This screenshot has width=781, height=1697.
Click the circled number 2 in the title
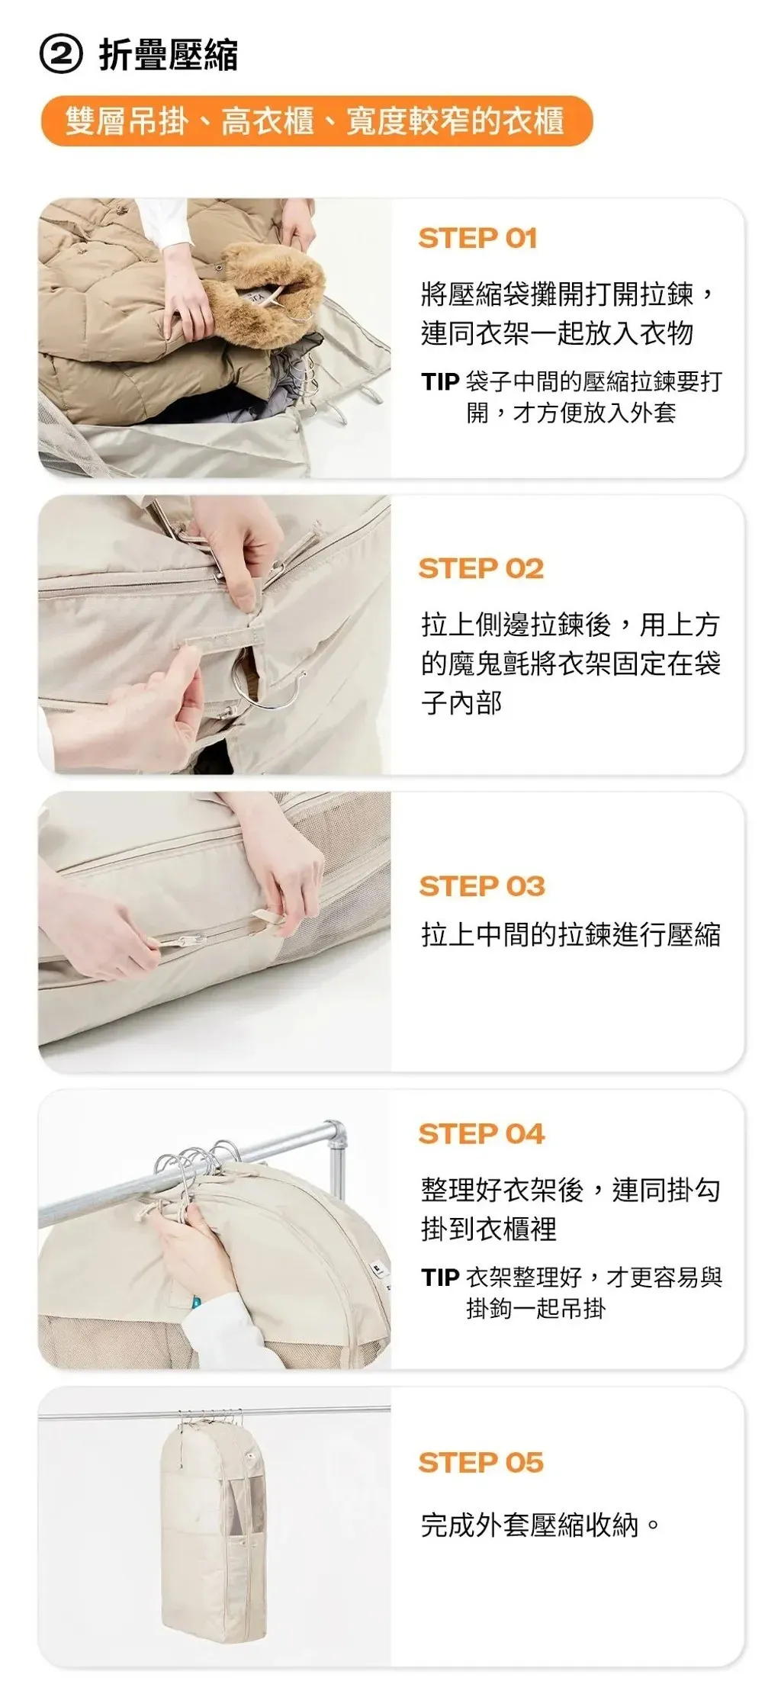click(60, 55)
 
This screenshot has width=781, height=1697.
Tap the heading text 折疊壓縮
click(169, 55)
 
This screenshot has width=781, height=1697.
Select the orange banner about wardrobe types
click(317, 121)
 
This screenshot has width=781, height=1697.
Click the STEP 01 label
click(478, 239)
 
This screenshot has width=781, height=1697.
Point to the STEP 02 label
click(481, 568)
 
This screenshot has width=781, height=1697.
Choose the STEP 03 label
click(482, 886)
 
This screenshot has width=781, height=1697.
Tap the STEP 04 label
click(481, 1133)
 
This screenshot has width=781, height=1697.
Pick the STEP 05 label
click(481, 1462)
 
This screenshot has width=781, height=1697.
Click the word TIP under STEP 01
click(440, 381)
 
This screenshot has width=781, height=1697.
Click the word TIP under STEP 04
click(440, 1277)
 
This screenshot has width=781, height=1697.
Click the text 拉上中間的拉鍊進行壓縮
click(571, 934)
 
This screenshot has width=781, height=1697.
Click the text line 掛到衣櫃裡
click(489, 1229)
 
